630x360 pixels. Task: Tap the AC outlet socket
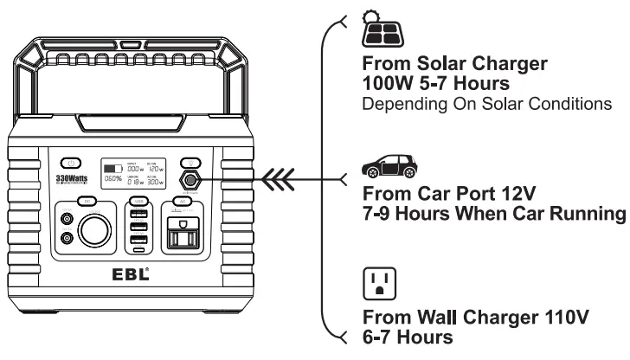pyautogui.click(x=184, y=233)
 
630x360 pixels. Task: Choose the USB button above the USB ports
pyautogui.click(x=138, y=202)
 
